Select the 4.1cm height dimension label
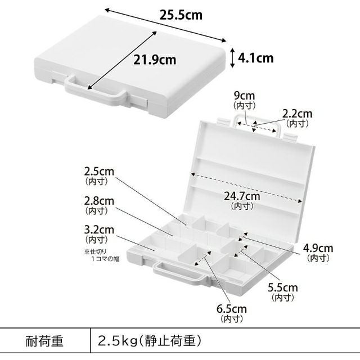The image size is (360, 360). (x=256, y=57)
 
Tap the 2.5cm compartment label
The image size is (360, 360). (x=99, y=170)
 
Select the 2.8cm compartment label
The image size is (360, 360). (x=99, y=201)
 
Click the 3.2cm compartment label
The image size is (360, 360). (x=99, y=229)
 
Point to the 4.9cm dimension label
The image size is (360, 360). (x=318, y=248)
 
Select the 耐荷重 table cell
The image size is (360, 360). (x=45, y=341)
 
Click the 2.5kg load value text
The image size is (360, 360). (x=150, y=341)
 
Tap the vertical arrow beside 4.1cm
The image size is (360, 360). (x=232, y=57)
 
